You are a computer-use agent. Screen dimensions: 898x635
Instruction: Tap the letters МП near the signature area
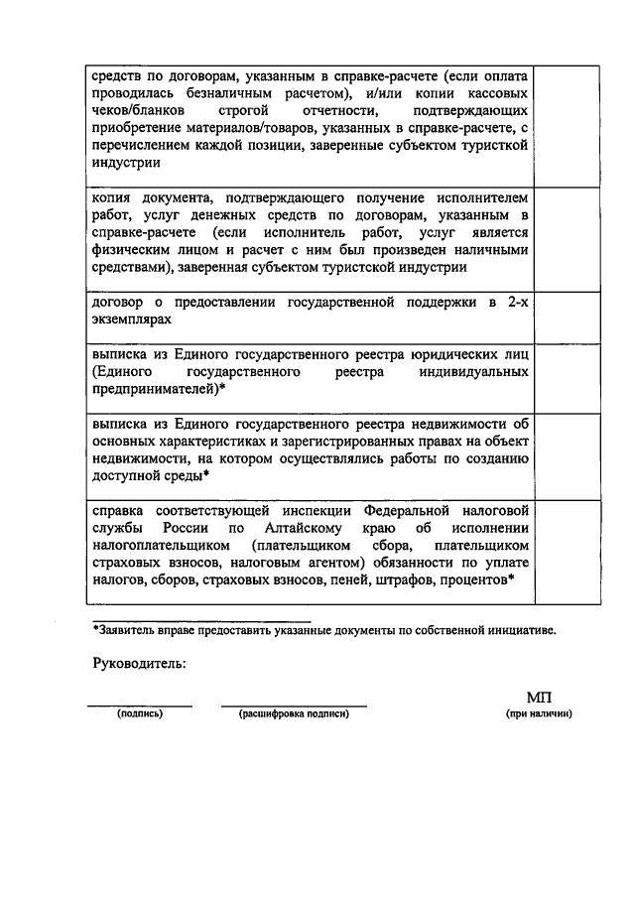538,699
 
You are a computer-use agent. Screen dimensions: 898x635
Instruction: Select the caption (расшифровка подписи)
294,713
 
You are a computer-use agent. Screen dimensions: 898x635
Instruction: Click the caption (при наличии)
539,713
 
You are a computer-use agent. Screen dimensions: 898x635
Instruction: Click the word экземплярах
124,320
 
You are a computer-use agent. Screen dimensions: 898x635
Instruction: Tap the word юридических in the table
455,354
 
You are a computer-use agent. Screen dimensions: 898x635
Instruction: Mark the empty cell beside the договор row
568,311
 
